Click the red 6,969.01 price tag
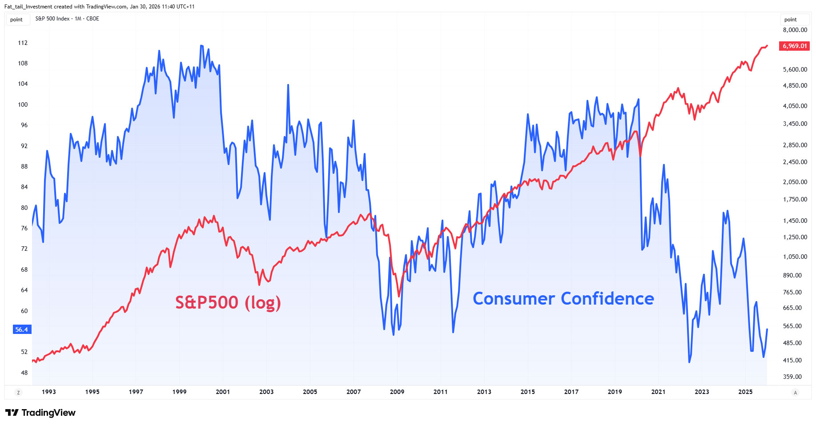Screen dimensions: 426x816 point(794,46)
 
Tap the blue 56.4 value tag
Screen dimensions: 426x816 point(22,330)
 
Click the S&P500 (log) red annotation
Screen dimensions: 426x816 point(228,302)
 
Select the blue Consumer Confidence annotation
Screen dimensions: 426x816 point(563,298)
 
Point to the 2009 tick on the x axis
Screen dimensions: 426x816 point(397,392)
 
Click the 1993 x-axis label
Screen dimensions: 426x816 point(48,392)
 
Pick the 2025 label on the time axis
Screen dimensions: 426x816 point(745,392)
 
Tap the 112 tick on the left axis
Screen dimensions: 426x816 point(23,43)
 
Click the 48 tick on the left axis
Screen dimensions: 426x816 point(24,373)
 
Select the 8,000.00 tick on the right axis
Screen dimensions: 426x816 point(795,30)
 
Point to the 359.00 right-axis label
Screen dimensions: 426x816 point(792,377)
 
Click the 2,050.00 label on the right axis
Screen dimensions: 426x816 point(795,182)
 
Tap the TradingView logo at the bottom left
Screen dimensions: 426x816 point(40,413)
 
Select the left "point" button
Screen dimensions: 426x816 point(16,20)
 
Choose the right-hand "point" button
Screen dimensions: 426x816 point(790,20)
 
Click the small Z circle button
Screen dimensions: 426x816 point(18,392)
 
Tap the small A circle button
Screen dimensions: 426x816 point(795,392)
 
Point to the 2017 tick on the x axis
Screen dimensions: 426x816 point(571,392)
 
